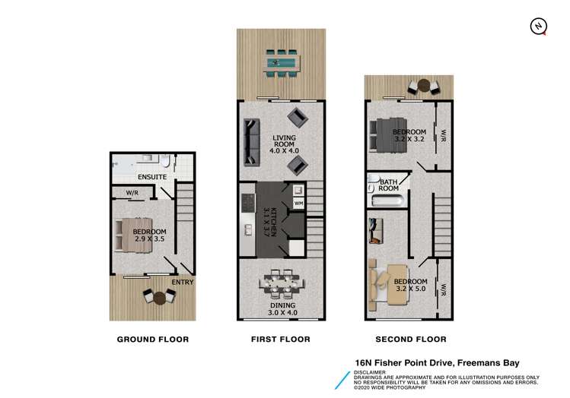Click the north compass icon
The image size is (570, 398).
coord(538,26)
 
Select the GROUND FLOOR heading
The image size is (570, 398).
coord(152,339)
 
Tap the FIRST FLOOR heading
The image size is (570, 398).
coord(280,339)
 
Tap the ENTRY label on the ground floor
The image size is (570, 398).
coord(182,283)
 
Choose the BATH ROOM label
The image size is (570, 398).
coord(389,185)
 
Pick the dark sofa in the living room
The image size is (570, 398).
coord(250,143)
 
